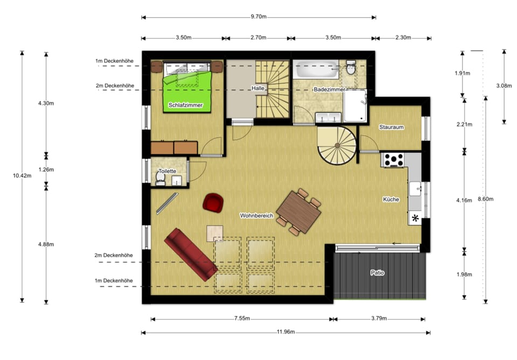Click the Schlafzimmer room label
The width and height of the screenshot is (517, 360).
coord(185,105)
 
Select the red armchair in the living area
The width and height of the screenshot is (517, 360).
coord(213,202)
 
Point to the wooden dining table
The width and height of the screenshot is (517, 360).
coord(299,211)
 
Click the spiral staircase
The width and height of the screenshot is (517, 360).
coord(337,145)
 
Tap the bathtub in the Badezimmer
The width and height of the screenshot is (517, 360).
coord(317,70)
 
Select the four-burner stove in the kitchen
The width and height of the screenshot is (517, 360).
coord(394,159)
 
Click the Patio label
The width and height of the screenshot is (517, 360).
coord(378,273)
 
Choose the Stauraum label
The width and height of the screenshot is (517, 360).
coord(391,128)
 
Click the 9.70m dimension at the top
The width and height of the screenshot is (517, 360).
coord(258,17)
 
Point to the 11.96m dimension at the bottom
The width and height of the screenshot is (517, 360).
coord(285,332)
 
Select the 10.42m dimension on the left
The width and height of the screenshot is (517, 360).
coord(22,175)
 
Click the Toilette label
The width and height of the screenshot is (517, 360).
coord(167,171)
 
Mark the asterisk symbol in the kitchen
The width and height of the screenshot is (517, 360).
coord(415,218)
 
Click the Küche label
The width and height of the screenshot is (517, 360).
coord(391,199)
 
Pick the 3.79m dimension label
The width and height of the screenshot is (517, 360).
coord(379,318)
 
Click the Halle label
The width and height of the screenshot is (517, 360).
coord(257,88)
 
